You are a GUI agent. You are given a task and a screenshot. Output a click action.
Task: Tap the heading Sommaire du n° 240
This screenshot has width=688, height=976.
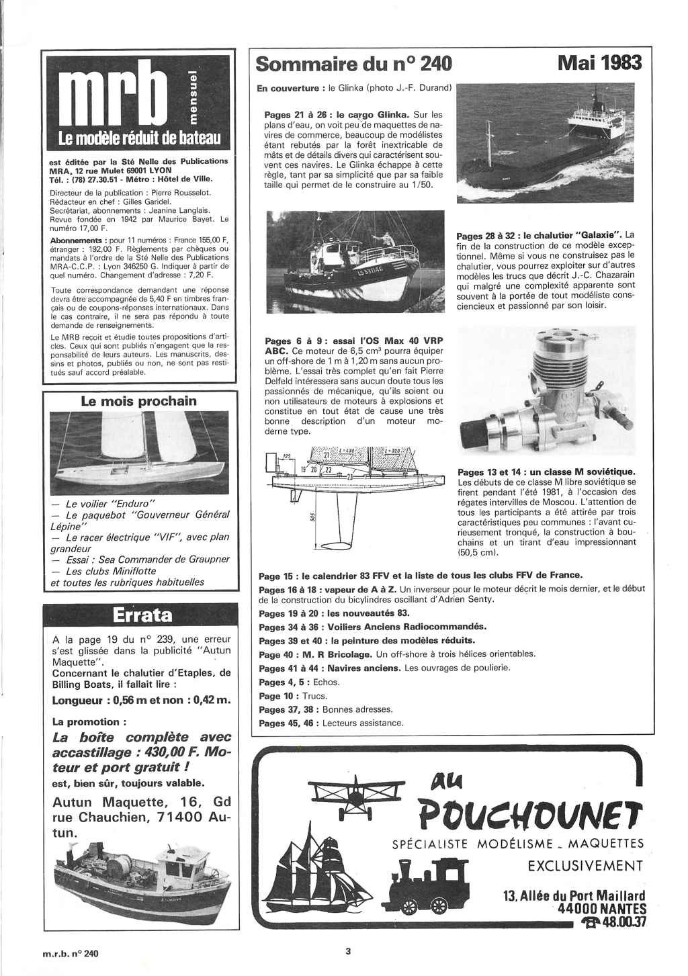(x=354, y=64)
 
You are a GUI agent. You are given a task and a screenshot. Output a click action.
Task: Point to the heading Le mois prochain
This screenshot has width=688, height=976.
(x=138, y=401)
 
